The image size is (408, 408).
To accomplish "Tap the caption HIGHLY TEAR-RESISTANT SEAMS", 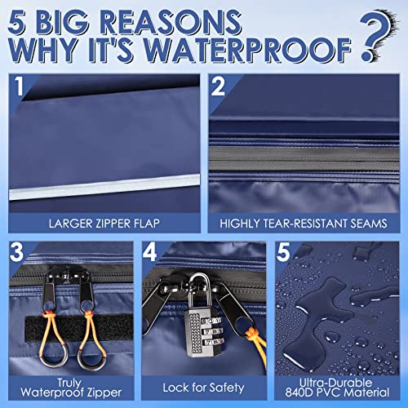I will (304, 220).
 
